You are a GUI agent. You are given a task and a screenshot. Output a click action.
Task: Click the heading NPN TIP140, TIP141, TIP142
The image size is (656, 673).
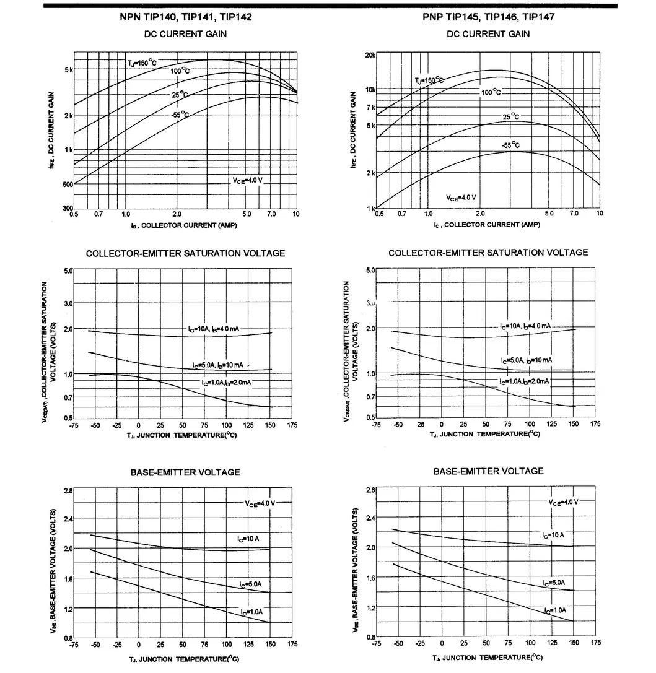point(185,17)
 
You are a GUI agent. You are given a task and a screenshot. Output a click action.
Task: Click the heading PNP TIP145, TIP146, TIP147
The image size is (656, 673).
point(488,17)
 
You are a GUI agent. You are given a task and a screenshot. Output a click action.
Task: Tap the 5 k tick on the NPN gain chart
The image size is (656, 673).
point(68,70)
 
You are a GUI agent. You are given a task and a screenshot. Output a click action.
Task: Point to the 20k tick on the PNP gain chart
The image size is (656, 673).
point(370,55)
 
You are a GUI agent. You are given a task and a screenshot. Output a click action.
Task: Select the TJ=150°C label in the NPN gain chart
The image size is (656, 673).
point(142,63)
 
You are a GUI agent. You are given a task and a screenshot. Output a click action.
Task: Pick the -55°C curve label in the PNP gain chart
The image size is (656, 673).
point(511,145)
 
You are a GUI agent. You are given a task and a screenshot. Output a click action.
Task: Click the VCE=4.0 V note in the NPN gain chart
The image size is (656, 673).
point(248,180)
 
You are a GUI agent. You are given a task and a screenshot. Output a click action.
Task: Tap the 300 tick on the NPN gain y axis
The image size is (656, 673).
point(68,208)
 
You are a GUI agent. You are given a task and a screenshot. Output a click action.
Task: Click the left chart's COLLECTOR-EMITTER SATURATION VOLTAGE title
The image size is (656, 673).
point(185,253)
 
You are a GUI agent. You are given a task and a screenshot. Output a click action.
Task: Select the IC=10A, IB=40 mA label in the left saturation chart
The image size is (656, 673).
point(214,329)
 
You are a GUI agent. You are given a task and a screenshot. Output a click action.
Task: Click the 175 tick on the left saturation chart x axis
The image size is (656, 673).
point(292,425)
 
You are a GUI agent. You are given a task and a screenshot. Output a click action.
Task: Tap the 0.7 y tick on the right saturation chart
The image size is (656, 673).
point(370,396)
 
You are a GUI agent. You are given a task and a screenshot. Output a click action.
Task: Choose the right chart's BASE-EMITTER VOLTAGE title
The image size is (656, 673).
point(488,471)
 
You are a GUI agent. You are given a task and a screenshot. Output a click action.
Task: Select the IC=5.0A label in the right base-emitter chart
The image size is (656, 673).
point(554,583)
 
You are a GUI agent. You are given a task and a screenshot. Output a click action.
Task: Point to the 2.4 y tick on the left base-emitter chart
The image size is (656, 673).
point(68,519)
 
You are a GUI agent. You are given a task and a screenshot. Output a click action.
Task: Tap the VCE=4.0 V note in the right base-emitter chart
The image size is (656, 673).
point(562,501)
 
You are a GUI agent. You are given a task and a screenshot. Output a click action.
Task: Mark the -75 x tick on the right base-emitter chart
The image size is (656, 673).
point(376,643)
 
